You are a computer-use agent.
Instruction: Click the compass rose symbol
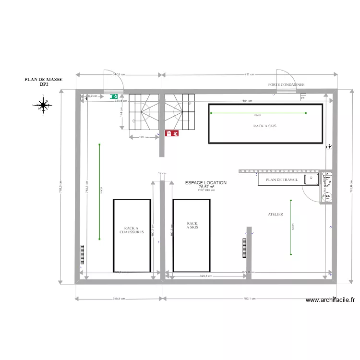pos(43,105)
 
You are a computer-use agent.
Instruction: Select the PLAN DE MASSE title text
pos(43,80)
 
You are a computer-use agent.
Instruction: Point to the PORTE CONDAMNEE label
pos(286,84)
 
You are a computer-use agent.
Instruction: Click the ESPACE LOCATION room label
pos(206,183)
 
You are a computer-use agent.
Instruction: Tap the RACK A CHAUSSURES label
pos(132,230)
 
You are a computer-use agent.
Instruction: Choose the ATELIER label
pos(276,215)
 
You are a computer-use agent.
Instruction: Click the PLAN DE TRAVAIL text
pos(282,180)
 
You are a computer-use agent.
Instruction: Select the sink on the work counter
pos(311,180)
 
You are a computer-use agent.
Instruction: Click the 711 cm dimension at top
pos(249,75)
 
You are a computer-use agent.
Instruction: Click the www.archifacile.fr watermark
pos(331,300)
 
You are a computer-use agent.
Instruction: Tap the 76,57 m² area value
pos(206,187)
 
